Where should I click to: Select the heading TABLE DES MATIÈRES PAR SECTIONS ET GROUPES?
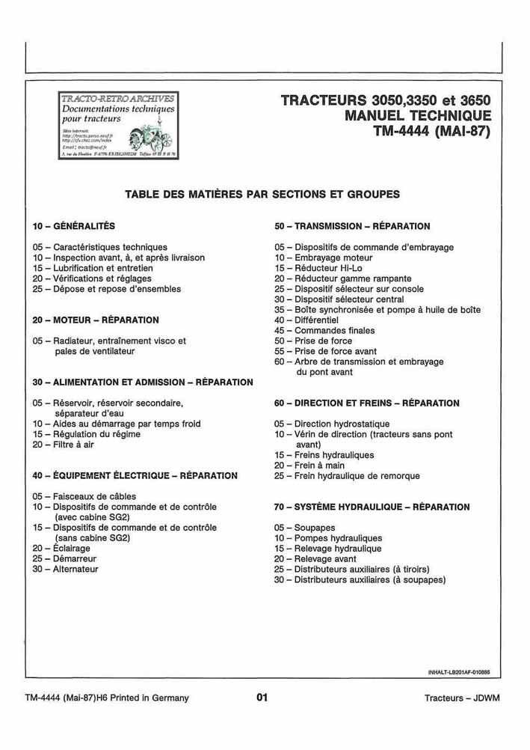coord(262,195)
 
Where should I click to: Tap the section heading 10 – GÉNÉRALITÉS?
coord(74,226)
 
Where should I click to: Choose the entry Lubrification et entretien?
coord(103,268)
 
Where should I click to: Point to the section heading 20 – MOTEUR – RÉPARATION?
coord(96,320)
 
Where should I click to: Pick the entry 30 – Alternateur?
coord(65,570)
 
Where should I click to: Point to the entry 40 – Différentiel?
coord(306,320)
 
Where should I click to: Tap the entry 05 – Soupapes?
coord(304,528)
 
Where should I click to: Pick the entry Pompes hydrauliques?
coord(338,538)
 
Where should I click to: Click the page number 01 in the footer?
coord(262,698)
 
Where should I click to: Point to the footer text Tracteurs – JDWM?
coord(462,698)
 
